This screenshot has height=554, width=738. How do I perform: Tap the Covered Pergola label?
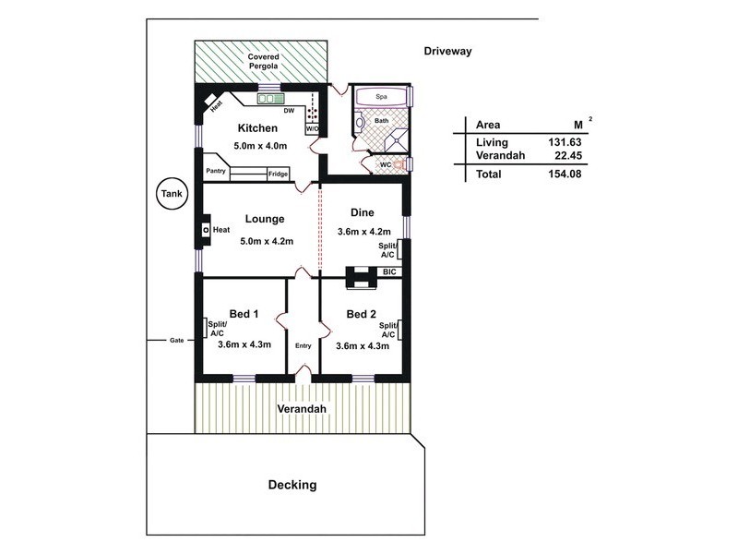pos(263,61)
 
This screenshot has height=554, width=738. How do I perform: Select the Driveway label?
pos(447,52)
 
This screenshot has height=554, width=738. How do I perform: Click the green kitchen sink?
pos(270,99)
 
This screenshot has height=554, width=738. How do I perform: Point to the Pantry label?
pos(216,171)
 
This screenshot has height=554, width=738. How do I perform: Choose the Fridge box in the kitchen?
pos(279,174)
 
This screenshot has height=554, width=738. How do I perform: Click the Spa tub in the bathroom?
pos(381,97)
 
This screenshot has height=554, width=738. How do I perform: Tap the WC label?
pos(386,165)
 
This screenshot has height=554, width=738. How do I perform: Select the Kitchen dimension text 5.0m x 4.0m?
pos(260,146)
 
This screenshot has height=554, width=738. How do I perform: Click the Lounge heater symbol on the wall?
pos(205,230)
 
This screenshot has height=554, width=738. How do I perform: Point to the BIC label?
pos(389,271)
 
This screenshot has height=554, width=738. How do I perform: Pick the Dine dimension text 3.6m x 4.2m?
pos(363,232)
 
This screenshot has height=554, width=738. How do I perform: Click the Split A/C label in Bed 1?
pos(217,329)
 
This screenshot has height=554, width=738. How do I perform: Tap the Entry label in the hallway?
pos(304,345)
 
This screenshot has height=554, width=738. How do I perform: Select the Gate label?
pos(176,340)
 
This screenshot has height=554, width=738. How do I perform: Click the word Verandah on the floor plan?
pos(302,409)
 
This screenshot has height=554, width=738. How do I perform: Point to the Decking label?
pos(292,485)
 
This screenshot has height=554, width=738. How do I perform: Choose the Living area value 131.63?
pos(565,142)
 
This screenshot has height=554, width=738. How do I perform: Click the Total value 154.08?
pos(565,174)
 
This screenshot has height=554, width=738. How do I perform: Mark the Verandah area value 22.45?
pos(568,155)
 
